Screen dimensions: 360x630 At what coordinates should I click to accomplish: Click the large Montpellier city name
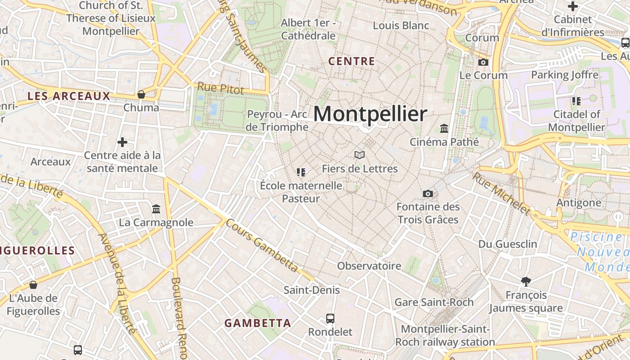[370, 114]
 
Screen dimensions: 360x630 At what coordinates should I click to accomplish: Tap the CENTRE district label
[351, 61]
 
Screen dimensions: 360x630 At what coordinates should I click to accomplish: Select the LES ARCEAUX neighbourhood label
[69, 96]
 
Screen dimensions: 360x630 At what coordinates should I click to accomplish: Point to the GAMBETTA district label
[257, 323]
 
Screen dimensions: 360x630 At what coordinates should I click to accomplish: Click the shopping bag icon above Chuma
[141, 94]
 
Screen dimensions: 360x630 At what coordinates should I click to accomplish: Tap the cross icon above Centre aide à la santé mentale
[122, 142]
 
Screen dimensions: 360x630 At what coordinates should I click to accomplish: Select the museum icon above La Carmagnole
[156, 209]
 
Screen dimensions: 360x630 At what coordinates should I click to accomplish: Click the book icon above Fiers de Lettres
[359, 155]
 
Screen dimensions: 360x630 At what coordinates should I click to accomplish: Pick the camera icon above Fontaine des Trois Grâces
[427, 193]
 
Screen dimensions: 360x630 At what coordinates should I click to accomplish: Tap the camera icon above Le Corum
[483, 62]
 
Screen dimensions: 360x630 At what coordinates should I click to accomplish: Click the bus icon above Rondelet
[330, 319]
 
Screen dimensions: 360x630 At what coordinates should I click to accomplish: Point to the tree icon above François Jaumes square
[526, 282]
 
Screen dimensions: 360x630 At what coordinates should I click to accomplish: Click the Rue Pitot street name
[220, 88]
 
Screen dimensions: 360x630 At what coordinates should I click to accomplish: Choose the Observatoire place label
[369, 265]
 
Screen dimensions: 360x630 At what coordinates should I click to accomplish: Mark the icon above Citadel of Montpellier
[576, 101]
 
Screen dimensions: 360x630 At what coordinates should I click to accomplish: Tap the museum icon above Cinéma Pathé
[444, 128]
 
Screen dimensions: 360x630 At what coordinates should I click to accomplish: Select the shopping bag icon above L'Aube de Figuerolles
[33, 285]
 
